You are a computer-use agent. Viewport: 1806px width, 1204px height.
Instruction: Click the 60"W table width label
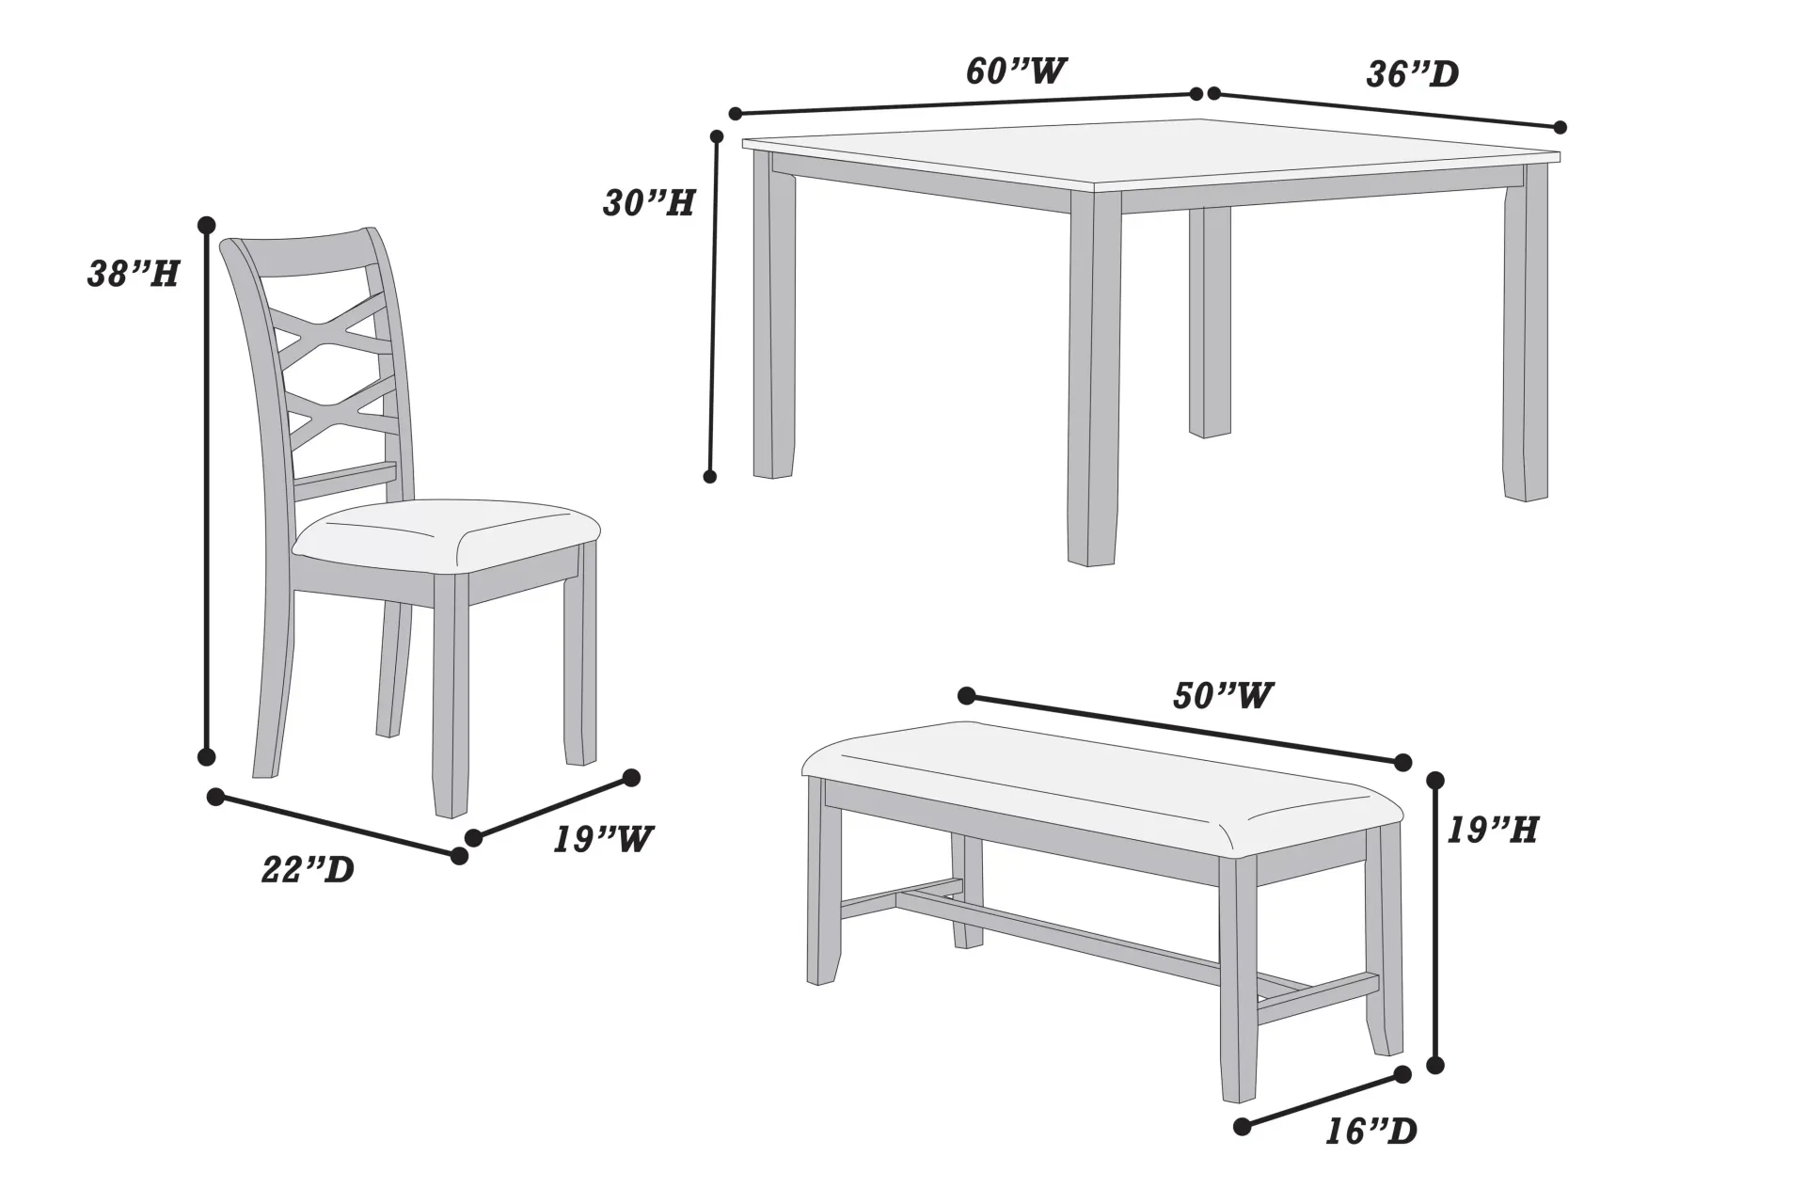coord(1016,71)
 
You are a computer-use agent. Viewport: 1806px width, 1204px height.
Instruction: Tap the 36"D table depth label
coord(1412,74)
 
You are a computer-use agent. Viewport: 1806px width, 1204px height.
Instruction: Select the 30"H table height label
coord(649,203)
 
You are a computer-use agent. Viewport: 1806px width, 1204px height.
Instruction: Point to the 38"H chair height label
coord(134,274)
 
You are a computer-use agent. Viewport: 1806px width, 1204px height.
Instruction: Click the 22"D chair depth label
coord(308,869)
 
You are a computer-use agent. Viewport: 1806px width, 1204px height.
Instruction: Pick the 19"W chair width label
coord(602,838)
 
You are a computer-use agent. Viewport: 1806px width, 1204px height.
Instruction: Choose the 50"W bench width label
coord(1223,695)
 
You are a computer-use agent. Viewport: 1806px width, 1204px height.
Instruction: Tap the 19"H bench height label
coord(1492,830)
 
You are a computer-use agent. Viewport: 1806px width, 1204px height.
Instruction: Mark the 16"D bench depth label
coord(1370,1132)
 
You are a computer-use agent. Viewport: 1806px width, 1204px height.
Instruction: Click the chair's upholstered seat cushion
coord(447,539)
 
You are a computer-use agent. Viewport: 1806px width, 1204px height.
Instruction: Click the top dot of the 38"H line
coord(207,225)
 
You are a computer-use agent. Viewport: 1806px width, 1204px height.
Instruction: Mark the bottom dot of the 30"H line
coord(710,477)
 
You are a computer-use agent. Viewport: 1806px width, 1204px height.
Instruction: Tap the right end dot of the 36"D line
coord(1560,127)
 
